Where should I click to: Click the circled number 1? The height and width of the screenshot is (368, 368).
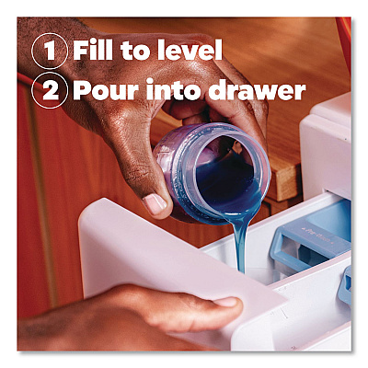click(x=50, y=51)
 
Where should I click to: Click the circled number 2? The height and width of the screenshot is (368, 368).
click(x=50, y=90)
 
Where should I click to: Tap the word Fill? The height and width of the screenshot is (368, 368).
click(x=93, y=50)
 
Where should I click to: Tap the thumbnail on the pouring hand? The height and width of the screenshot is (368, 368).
click(x=155, y=204)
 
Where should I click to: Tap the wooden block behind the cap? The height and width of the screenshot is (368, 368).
click(x=283, y=181)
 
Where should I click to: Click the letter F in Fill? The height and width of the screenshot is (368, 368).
click(x=81, y=50)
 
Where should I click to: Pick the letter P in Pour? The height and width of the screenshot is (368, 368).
click(x=82, y=90)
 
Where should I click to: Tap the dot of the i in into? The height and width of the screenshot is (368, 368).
click(x=150, y=81)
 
